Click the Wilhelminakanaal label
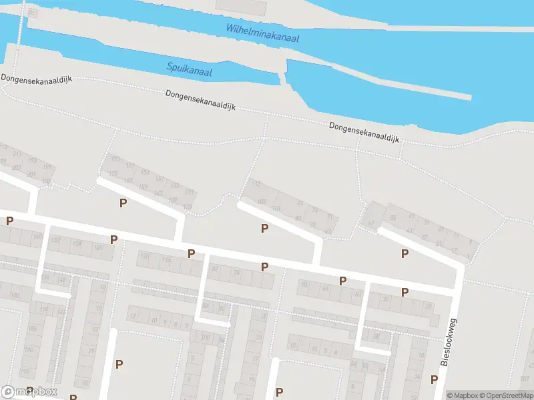click(x=262, y=33)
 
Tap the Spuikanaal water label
click(x=189, y=69)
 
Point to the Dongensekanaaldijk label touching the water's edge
click(x=364, y=131)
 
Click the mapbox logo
click(x=29, y=391)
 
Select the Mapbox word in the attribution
click(x=463, y=395)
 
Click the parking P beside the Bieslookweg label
click(x=434, y=379)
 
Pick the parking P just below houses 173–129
click(x=122, y=203)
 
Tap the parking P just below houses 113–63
click(x=265, y=229)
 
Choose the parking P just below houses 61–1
click(x=404, y=253)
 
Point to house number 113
click(x=256, y=185)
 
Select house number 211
click(x=17, y=155)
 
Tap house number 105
click(x=261, y=201)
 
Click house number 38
click(x=385, y=299)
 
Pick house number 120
click(x=98, y=247)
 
